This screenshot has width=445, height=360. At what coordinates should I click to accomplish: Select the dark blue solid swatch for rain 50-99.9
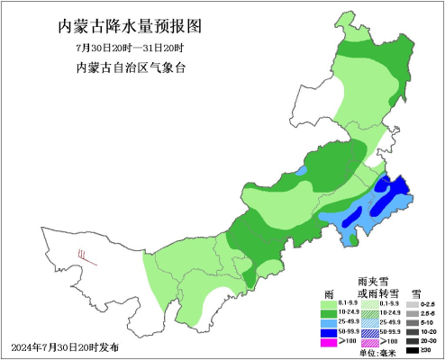click(x=329, y=332)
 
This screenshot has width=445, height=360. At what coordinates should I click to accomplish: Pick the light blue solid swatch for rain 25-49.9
click(x=329, y=321)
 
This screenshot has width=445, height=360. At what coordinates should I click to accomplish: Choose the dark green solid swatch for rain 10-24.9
click(x=329, y=311)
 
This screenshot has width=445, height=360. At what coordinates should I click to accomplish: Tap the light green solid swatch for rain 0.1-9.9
click(x=329, y=302)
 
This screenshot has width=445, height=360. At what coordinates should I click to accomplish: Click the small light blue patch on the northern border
click(x=302, y=168)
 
